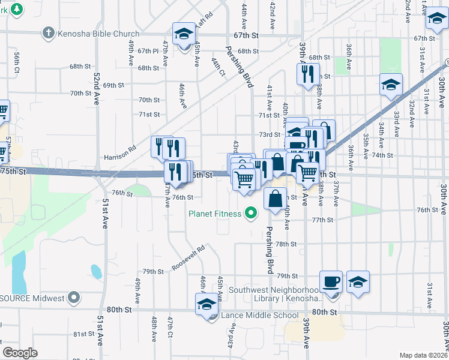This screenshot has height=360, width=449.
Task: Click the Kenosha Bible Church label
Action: (98, 34)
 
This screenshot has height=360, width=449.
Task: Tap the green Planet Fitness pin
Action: (251, 213)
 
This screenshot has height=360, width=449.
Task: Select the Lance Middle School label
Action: (259, 316)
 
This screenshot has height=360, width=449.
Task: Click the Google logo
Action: (20, 353)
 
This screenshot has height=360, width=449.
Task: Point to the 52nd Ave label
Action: (97, 89)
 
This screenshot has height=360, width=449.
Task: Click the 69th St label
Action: (113, 85)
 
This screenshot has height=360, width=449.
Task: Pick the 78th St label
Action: (286, 244)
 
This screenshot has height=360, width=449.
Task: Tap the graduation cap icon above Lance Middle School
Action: (207, 303)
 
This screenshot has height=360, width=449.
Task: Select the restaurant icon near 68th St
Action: (306, 74)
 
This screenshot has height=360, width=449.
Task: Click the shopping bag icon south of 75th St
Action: (275, 199)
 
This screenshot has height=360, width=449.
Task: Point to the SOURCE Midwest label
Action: (32, 298)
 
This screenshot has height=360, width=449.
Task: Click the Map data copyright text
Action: (423, 355)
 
